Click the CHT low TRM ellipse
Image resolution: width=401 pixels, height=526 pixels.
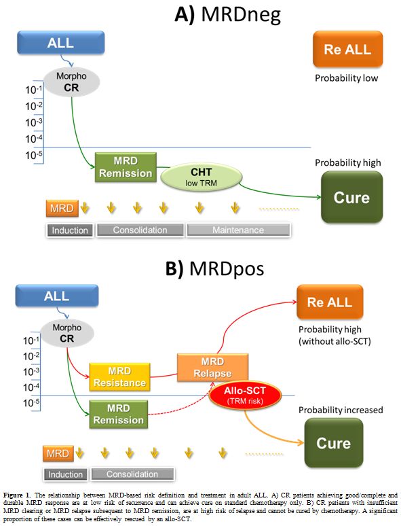click(201, 177)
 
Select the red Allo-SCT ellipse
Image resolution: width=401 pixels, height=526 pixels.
click(245, 395)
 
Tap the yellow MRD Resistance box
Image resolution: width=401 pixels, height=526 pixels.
click(119, 376)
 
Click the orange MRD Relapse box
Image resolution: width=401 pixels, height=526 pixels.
click(212, 368)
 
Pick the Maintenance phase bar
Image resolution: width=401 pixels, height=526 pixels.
click(238, 230)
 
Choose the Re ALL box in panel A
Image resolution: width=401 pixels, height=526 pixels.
click(347, 50)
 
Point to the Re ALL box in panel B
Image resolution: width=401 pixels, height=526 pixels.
click(330, 302)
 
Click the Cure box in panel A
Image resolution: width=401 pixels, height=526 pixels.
click(351, 197)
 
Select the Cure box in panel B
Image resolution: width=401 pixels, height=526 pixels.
click(334, 443)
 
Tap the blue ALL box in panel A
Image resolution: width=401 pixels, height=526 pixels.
click(60, 43)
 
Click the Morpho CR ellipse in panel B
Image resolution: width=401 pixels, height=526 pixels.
click(67, 333)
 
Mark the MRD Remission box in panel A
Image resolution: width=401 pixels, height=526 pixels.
click(126, 167)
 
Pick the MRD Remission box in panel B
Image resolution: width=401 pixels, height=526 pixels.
click(118, 415)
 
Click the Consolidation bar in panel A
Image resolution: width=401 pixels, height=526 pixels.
click(140, 230)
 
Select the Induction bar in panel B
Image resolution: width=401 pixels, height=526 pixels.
click(65, 474)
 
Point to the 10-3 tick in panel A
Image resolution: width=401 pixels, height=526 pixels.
click(34, 122)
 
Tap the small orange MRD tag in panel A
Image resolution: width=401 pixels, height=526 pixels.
click(62, 209)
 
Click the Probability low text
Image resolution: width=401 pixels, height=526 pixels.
click(347, 78)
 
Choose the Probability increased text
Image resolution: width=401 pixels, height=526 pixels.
click(341, 410)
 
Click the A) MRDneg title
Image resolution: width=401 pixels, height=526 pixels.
click(227, 15)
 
